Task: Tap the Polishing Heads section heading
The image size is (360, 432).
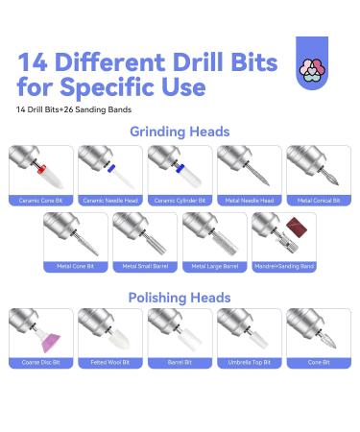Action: click(x=180, y=299)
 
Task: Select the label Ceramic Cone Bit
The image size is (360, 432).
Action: click(x=39, y=202)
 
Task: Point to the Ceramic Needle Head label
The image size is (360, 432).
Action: click(x=109, y=202)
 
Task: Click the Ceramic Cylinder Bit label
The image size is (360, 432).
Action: click(x=180, y=202)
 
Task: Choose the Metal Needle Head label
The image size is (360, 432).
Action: click(x=250, y=202)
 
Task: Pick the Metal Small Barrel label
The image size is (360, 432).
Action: click(x=145, y=266)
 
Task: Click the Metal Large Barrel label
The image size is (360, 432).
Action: click(x=214, y=266)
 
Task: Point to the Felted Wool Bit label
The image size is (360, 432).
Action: click(x=109, y=363)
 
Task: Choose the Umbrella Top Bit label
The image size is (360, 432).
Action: click(x=250, y=363)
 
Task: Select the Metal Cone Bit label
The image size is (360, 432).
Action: click(x=75, y=266)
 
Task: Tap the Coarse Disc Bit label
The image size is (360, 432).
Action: click(x=39, y=363)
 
